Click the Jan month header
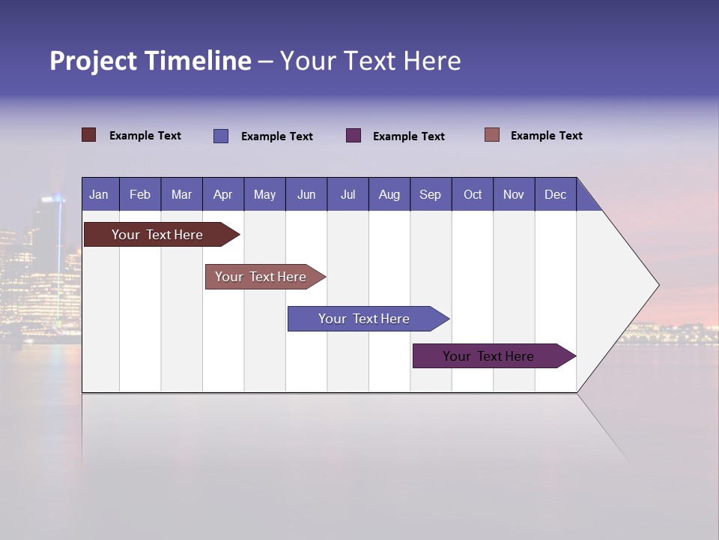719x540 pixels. pyautogui.click(x=99, y=194)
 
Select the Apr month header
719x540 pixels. pyautogui.click(x=222, y=194)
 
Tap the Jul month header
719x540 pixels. pyautogui.click(x=348, y=194)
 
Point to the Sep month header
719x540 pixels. pyautogui.click(x=430, y=194)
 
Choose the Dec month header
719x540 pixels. pyautogui.click(x=555, y=194)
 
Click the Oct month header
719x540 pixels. pyautogui.click(x=472, y=194)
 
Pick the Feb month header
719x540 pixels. pyautogui.click(x=140, y=194)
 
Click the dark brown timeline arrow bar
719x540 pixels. pyautogui.click(x=158, y=235)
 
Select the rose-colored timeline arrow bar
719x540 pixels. pyautogui.click(x=261, y=277)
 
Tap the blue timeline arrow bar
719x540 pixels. pyautogui.click(x=364, y=319)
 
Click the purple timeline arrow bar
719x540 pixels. pyautogui.click(x=488, y=356)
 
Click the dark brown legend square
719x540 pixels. pyautogui.click(x=89, y=135)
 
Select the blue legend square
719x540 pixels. pyautogui.click(x=221, y=136)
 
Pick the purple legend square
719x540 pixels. pyautogui.click(x=354, y=135)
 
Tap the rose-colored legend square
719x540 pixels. pyautogui.click(x=492, y=135)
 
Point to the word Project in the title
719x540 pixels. pyautogui.click(x=94, y=61)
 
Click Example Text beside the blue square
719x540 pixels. pyautogui.click(x=276, y=136)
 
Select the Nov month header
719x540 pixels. pyautogui.click(x=513, y=194)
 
